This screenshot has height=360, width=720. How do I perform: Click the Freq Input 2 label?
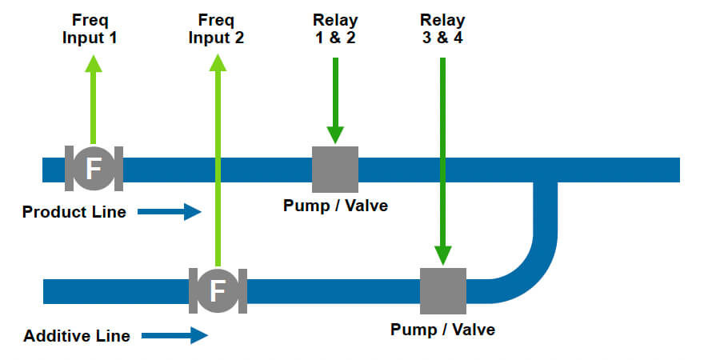tap(216, 29)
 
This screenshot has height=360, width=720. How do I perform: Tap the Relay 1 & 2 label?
tap(335, 29)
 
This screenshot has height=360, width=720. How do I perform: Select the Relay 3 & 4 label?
tap(442, 29)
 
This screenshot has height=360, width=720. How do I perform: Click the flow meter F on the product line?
tap(94, 169)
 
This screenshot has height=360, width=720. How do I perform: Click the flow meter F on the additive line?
tap(217, 290)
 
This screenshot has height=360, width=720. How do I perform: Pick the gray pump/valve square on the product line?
tap(335, 169)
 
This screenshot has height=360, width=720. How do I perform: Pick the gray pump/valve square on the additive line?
tap(442, 290)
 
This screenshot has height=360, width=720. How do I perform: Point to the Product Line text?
tap(74, 212)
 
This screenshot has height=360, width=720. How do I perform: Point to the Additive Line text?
tap(77, 336)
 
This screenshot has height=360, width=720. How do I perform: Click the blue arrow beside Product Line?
tap(170, 212)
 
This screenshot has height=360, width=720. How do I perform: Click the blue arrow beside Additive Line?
tap(175, 336)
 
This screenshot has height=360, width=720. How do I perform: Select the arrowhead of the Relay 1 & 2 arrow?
tap(335, 135)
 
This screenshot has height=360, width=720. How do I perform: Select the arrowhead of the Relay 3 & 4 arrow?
tap(442, 254)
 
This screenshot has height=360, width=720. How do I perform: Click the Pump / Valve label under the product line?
tap(335, 206)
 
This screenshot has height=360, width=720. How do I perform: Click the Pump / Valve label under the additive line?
tap(442, 329)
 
